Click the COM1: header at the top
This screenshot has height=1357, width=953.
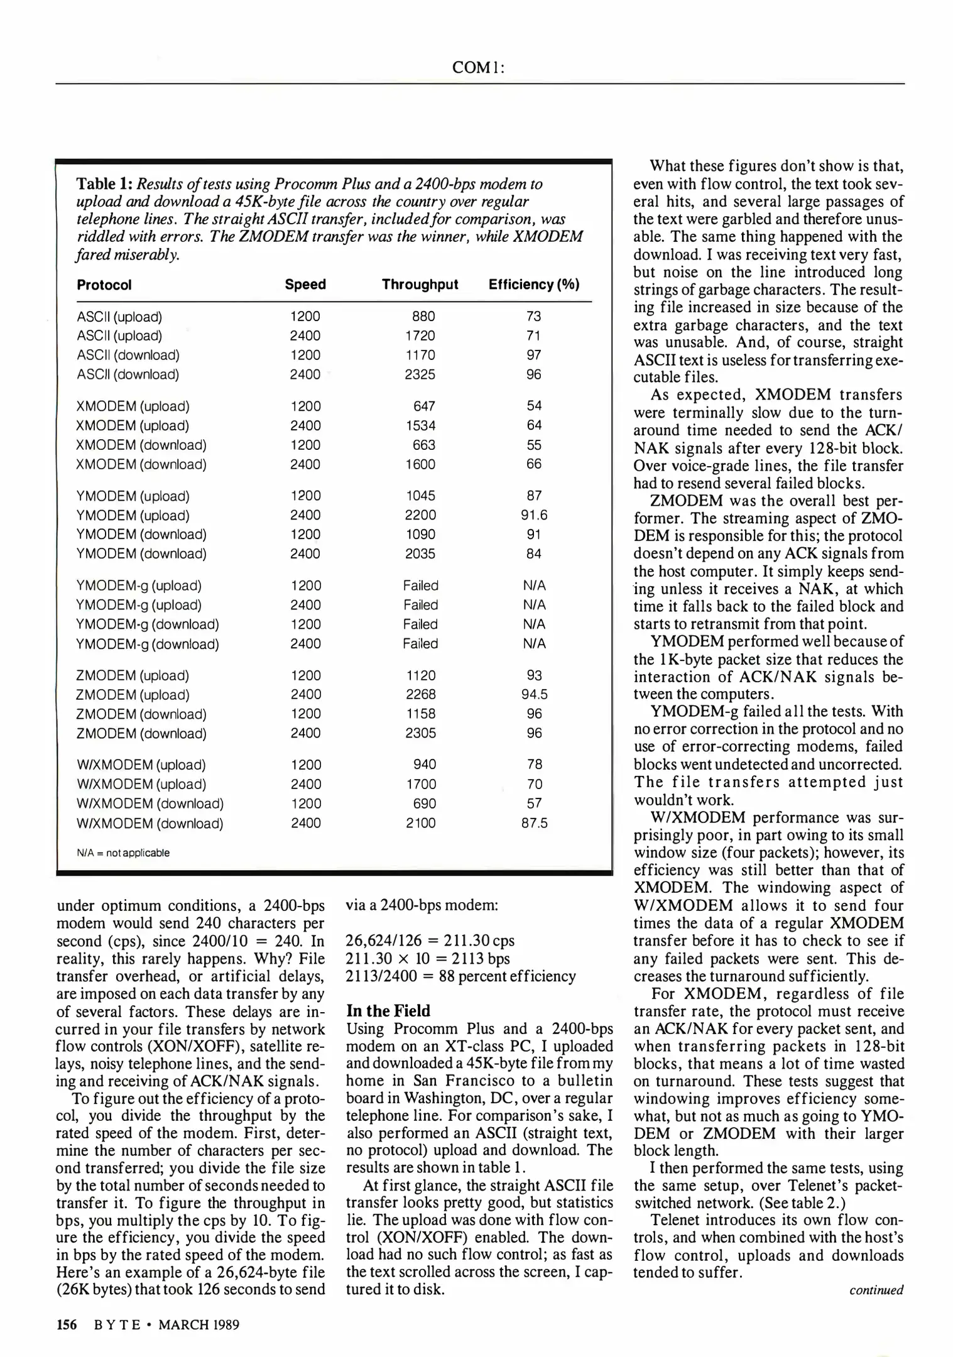tap(479, 68)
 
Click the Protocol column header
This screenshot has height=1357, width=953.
tap(104, 285)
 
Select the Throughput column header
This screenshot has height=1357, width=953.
tap(420, 285)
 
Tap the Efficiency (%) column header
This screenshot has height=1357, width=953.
tap(533, 285)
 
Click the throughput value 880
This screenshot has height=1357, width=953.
tap(423, 317)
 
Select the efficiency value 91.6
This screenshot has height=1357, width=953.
tap(534, 515)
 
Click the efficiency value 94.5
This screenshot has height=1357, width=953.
tap(534, 694)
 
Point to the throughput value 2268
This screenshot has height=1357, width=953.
tap(420, 694)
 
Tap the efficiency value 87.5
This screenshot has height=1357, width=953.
tap(534, 823)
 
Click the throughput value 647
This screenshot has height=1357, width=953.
tap(424, 406)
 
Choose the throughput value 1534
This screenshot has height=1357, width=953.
tap(420, 425)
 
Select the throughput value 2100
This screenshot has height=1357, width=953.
tap(420, 823)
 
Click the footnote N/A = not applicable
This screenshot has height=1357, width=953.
tap(123, 853)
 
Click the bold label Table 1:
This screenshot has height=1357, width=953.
tap(104, 184)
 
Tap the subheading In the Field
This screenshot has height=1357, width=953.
tap(388, 1011)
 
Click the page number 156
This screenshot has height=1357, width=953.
tap(67, 1325)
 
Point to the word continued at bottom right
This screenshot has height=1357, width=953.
tap(876, 1290)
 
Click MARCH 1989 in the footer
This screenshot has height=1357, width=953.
tap(199, 1325)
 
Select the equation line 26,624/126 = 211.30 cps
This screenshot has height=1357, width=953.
tap(430, 941)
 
